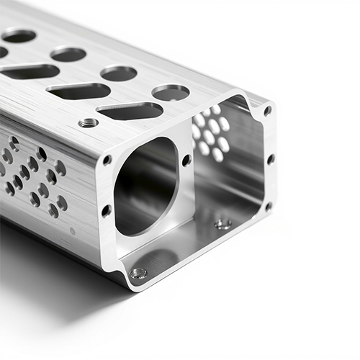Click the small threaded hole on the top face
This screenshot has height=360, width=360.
(88, 122)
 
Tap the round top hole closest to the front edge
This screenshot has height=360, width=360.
(171, 92)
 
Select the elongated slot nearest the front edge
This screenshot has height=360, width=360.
(130, 111)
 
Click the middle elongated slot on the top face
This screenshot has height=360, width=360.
(78, 91)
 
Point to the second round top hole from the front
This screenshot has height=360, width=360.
(119, 73)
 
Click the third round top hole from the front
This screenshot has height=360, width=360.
(68, 54)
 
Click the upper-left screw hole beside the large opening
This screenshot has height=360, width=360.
(107, 160)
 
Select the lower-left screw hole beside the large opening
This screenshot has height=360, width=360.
(107, 210)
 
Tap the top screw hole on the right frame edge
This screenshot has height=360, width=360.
(267, 111)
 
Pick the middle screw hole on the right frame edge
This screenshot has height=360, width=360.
(270, 158)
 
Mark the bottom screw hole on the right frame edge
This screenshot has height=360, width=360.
(268, 206)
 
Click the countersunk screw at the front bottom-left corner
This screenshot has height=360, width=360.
(138, 274)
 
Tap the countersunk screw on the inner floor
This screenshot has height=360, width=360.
(223, 225)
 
